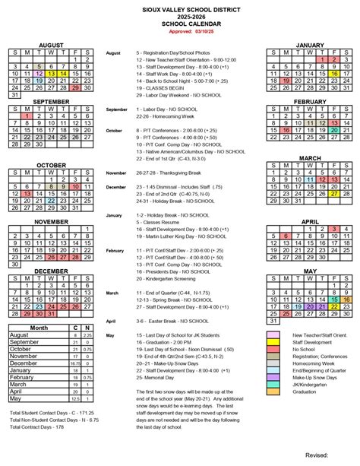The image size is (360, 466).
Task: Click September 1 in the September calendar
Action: coord(26,114)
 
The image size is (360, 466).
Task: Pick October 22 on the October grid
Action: coord(51,199)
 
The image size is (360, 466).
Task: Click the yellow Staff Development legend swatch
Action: coord(273,343)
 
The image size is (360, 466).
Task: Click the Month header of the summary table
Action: coord(38,328)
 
